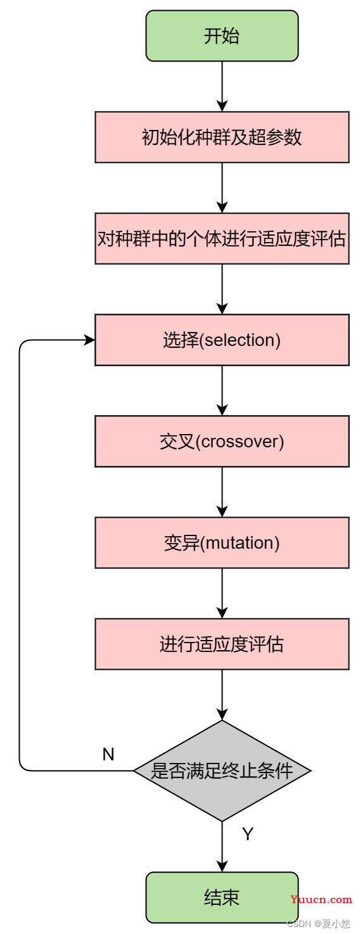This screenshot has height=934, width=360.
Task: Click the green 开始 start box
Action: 222,36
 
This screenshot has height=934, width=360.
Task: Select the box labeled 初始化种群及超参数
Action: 222,137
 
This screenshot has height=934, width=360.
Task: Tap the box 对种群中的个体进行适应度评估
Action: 222,238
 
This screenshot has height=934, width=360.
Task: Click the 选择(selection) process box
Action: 222,340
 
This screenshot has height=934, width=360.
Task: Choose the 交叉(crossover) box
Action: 222,441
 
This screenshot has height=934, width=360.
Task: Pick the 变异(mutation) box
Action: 222,543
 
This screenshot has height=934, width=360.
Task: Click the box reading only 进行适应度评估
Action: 222,644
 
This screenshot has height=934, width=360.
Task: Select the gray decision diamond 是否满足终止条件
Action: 222,771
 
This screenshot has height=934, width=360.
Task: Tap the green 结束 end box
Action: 222,897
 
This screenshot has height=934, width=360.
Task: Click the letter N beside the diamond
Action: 108,754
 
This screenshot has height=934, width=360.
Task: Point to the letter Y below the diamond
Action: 248,834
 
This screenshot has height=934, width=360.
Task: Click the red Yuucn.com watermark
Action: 321,899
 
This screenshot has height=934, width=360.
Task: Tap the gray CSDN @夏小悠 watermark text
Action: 319,924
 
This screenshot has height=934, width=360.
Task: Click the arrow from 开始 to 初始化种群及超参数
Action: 222,86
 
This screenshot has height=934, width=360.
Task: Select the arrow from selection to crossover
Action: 222,391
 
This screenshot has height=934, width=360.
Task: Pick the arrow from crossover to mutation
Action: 222,492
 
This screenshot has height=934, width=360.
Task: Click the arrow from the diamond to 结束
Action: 222,847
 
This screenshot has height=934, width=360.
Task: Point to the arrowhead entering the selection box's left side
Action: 90,340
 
